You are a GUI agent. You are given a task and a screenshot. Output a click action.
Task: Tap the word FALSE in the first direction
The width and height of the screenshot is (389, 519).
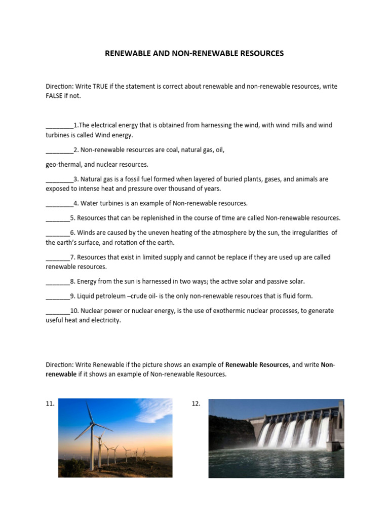pyautogui.click(x=55, y=96)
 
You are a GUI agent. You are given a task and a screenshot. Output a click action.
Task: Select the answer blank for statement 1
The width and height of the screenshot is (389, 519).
pyautogui.click(x=59, y=125)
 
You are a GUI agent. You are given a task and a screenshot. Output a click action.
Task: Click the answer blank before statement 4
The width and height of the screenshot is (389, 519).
pyautogui.click(x=59, y=204)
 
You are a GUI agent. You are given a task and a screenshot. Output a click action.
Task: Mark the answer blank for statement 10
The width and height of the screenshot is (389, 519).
pyautogui.click(x=58, y=311)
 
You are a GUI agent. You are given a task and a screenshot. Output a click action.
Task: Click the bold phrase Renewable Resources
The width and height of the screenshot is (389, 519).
pyautogui.click(x=257, y=365)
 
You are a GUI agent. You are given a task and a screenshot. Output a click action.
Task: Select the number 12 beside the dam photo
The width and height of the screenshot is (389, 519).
pyautogui.click(x=197, y=404)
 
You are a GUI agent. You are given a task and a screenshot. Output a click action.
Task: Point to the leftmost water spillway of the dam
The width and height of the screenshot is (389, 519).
pyautogui.click(x=263, y=434)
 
